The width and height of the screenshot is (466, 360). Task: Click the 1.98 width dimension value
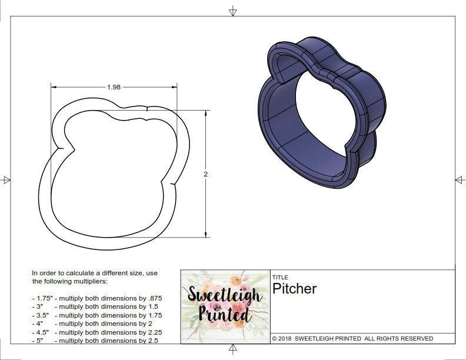(x=114, y=87)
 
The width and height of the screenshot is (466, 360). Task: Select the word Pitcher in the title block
(x=294, y=289)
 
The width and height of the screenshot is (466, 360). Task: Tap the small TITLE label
(x=280, y=277)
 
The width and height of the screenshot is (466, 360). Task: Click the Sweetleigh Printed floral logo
(x=225, y=306)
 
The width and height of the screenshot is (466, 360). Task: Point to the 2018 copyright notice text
(x=352, y=338)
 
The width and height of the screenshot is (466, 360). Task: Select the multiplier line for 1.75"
(x=97, y=298)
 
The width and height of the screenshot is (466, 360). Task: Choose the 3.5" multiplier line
(x=97, y=315)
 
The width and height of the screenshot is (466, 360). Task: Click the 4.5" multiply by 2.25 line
(x=97, y=331)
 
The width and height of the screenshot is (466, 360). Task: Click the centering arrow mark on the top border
(x=233, y=11)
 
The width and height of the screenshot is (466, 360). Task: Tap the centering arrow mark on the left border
(x=6, y=180)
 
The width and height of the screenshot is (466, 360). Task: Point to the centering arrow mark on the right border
(x=460, y=180)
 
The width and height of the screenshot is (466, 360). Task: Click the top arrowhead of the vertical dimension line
(x=205, y=113)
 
